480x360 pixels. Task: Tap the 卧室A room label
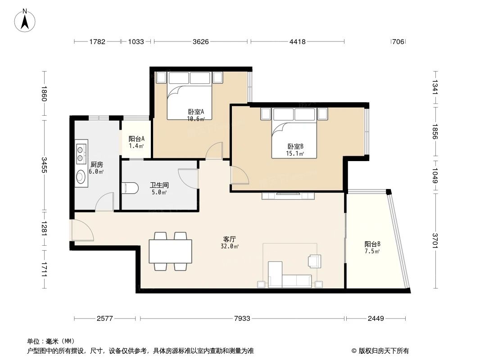[x=196, y=112]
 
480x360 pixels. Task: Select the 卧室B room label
[x=295, y=146]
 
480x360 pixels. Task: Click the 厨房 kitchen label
[x=96, y=164]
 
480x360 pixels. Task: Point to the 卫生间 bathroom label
[x=158, y=185]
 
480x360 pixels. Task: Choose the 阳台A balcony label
[x=136, y=139]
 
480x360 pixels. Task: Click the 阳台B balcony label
[x=372, y=244]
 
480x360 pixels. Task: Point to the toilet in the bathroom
[x=130, y=188]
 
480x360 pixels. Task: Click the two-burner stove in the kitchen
[x=81, y=153]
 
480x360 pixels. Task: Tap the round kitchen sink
[x=81, y=177]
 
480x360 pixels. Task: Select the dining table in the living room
[x=170, y=251]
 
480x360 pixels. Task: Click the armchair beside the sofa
[x=314, y=261]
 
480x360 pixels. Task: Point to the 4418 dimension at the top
[x=297, y=42]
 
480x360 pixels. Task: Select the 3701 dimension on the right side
[x=435, y=241]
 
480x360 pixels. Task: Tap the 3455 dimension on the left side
[x=44, y=165]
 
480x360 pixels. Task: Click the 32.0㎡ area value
[x=230, y=246]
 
